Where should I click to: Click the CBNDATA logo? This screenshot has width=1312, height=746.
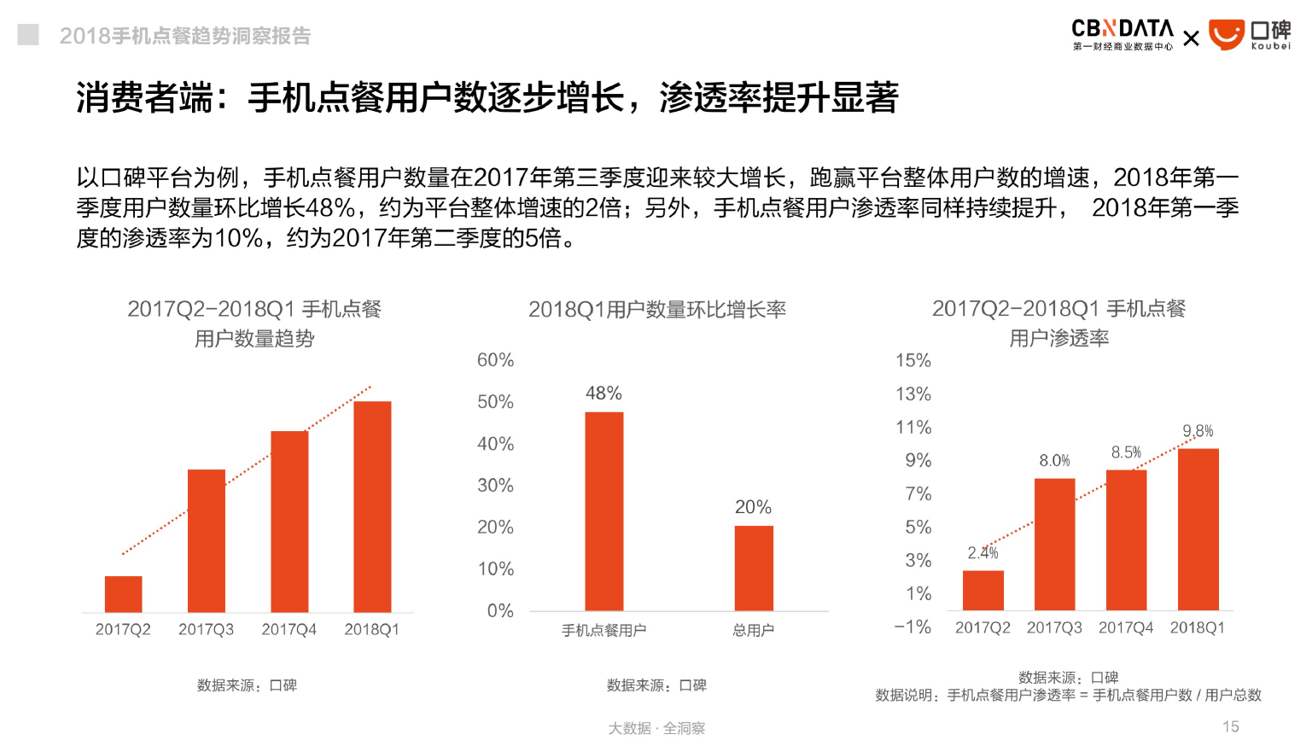tap(1122, 34)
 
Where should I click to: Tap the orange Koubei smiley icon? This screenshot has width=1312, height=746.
tap(1226, 35)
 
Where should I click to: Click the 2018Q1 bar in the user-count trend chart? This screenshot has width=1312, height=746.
tap(372, 506)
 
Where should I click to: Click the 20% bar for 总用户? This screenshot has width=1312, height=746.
tap(754, 568)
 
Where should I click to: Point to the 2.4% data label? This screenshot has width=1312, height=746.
tap(983, 553)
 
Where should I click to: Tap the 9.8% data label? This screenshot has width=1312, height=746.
tap(1198, 431)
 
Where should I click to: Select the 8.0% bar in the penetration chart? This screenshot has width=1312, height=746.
tap(1054, 544)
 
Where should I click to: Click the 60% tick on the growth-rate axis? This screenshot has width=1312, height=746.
tap(495, 360)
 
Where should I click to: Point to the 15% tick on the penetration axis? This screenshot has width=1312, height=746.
tap(913, 360)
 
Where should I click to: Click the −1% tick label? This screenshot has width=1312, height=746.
tap(912, 627)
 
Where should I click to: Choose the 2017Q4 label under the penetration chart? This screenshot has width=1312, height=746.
tap(1125, 627)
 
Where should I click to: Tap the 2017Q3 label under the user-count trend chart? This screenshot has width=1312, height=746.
tap(206, 629)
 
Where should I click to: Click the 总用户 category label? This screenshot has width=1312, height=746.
tap(753, 630)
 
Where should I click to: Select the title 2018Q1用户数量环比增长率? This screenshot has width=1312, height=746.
tap(656, 309)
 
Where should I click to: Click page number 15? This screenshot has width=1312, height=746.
tap(1230, 726)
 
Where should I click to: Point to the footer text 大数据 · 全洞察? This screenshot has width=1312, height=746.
tap(656, 728)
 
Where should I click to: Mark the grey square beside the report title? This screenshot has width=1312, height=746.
tap(28, 34)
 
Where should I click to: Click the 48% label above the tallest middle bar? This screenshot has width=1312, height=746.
tap(604, 393)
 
